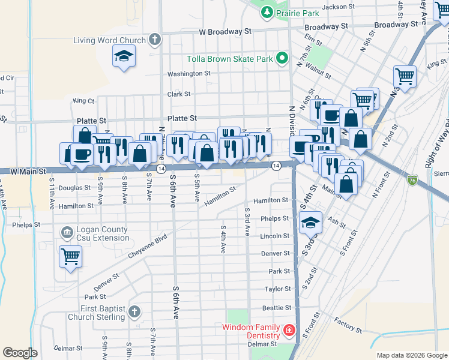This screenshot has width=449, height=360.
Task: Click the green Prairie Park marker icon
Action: click(x=266, y=11)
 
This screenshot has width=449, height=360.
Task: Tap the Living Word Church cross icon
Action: click(x=155, y=40)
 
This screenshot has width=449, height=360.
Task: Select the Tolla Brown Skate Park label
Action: click(x=229, y=59)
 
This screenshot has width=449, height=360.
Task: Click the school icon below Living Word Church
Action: click(x=124, y=56)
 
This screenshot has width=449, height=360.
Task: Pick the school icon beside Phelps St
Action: click(x=310, y=223)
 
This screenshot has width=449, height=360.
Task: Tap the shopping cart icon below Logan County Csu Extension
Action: click(x=70, y=257)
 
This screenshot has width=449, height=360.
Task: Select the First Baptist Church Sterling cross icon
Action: click(x=134, y=312)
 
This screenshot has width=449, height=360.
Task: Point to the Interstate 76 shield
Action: click(x=411, y=179)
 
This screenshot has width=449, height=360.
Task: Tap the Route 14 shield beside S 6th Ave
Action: click(x=161, y=169)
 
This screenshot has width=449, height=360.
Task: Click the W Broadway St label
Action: click(x=224, y=31)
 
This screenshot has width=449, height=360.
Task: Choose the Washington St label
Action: click(x=188, y=74)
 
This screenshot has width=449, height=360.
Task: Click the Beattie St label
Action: click(x=277, y=307)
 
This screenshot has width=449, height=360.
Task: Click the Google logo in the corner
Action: click(x=20, y=353)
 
